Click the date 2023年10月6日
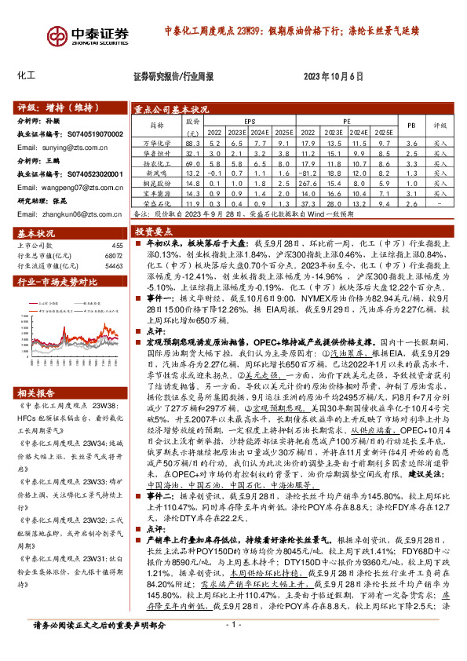tap(334, 75)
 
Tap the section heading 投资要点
tap(154, 232)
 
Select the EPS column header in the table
tap(250, 122)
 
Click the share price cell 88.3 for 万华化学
tap(192, 144)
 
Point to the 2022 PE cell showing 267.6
tap(308, 182)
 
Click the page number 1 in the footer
tap(232, 646)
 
